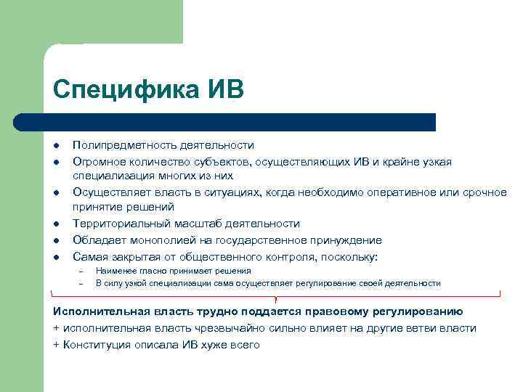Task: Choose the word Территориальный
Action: (x=115, y=224)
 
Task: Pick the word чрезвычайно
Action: (x=229, y=328)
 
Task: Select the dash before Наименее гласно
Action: (x=81, y=271)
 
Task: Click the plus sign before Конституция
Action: (x=56, y=345)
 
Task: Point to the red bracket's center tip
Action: (x=277, y=299)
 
